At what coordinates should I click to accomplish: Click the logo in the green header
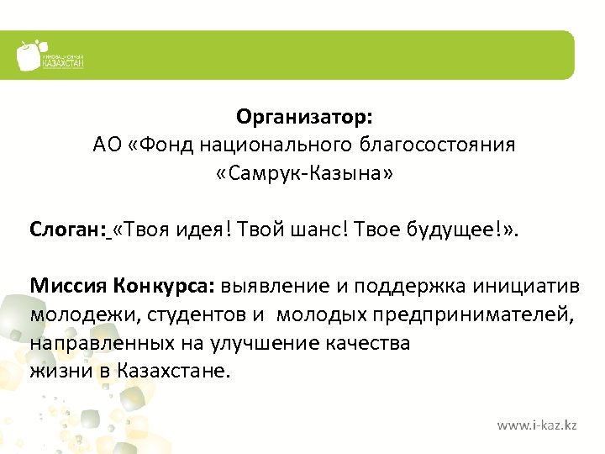pos(50,55)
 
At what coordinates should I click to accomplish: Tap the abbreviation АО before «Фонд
pos(108,145)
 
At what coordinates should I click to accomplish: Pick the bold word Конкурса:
pos(165,285)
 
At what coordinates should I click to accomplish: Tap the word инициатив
pos(528,285)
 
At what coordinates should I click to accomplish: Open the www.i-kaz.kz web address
pos(536,425)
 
